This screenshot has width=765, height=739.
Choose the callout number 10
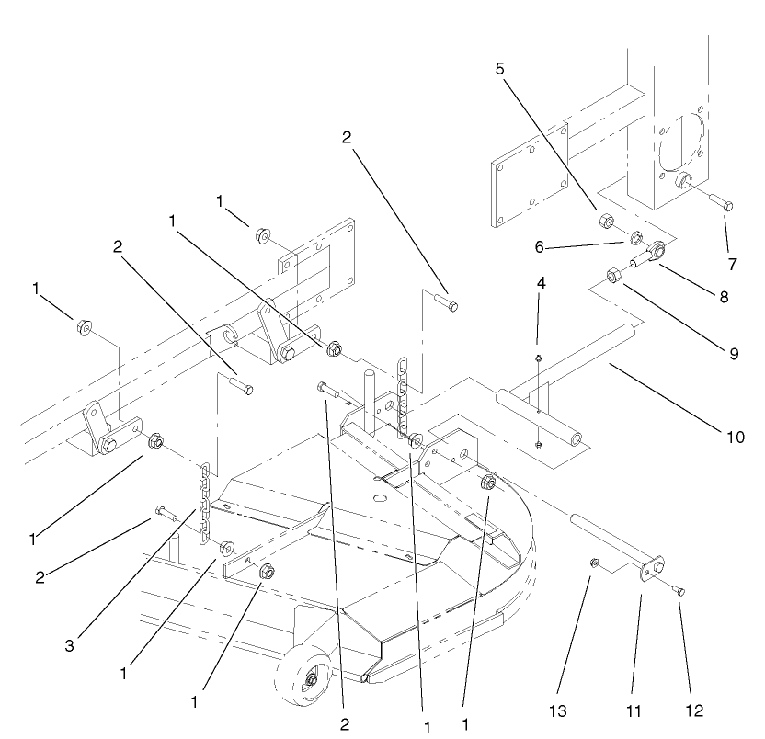coord(735,437)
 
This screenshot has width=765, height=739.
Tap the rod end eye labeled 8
coord(658,248)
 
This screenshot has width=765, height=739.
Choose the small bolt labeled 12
coord(679,590)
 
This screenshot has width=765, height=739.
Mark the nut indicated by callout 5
coord(607,221)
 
